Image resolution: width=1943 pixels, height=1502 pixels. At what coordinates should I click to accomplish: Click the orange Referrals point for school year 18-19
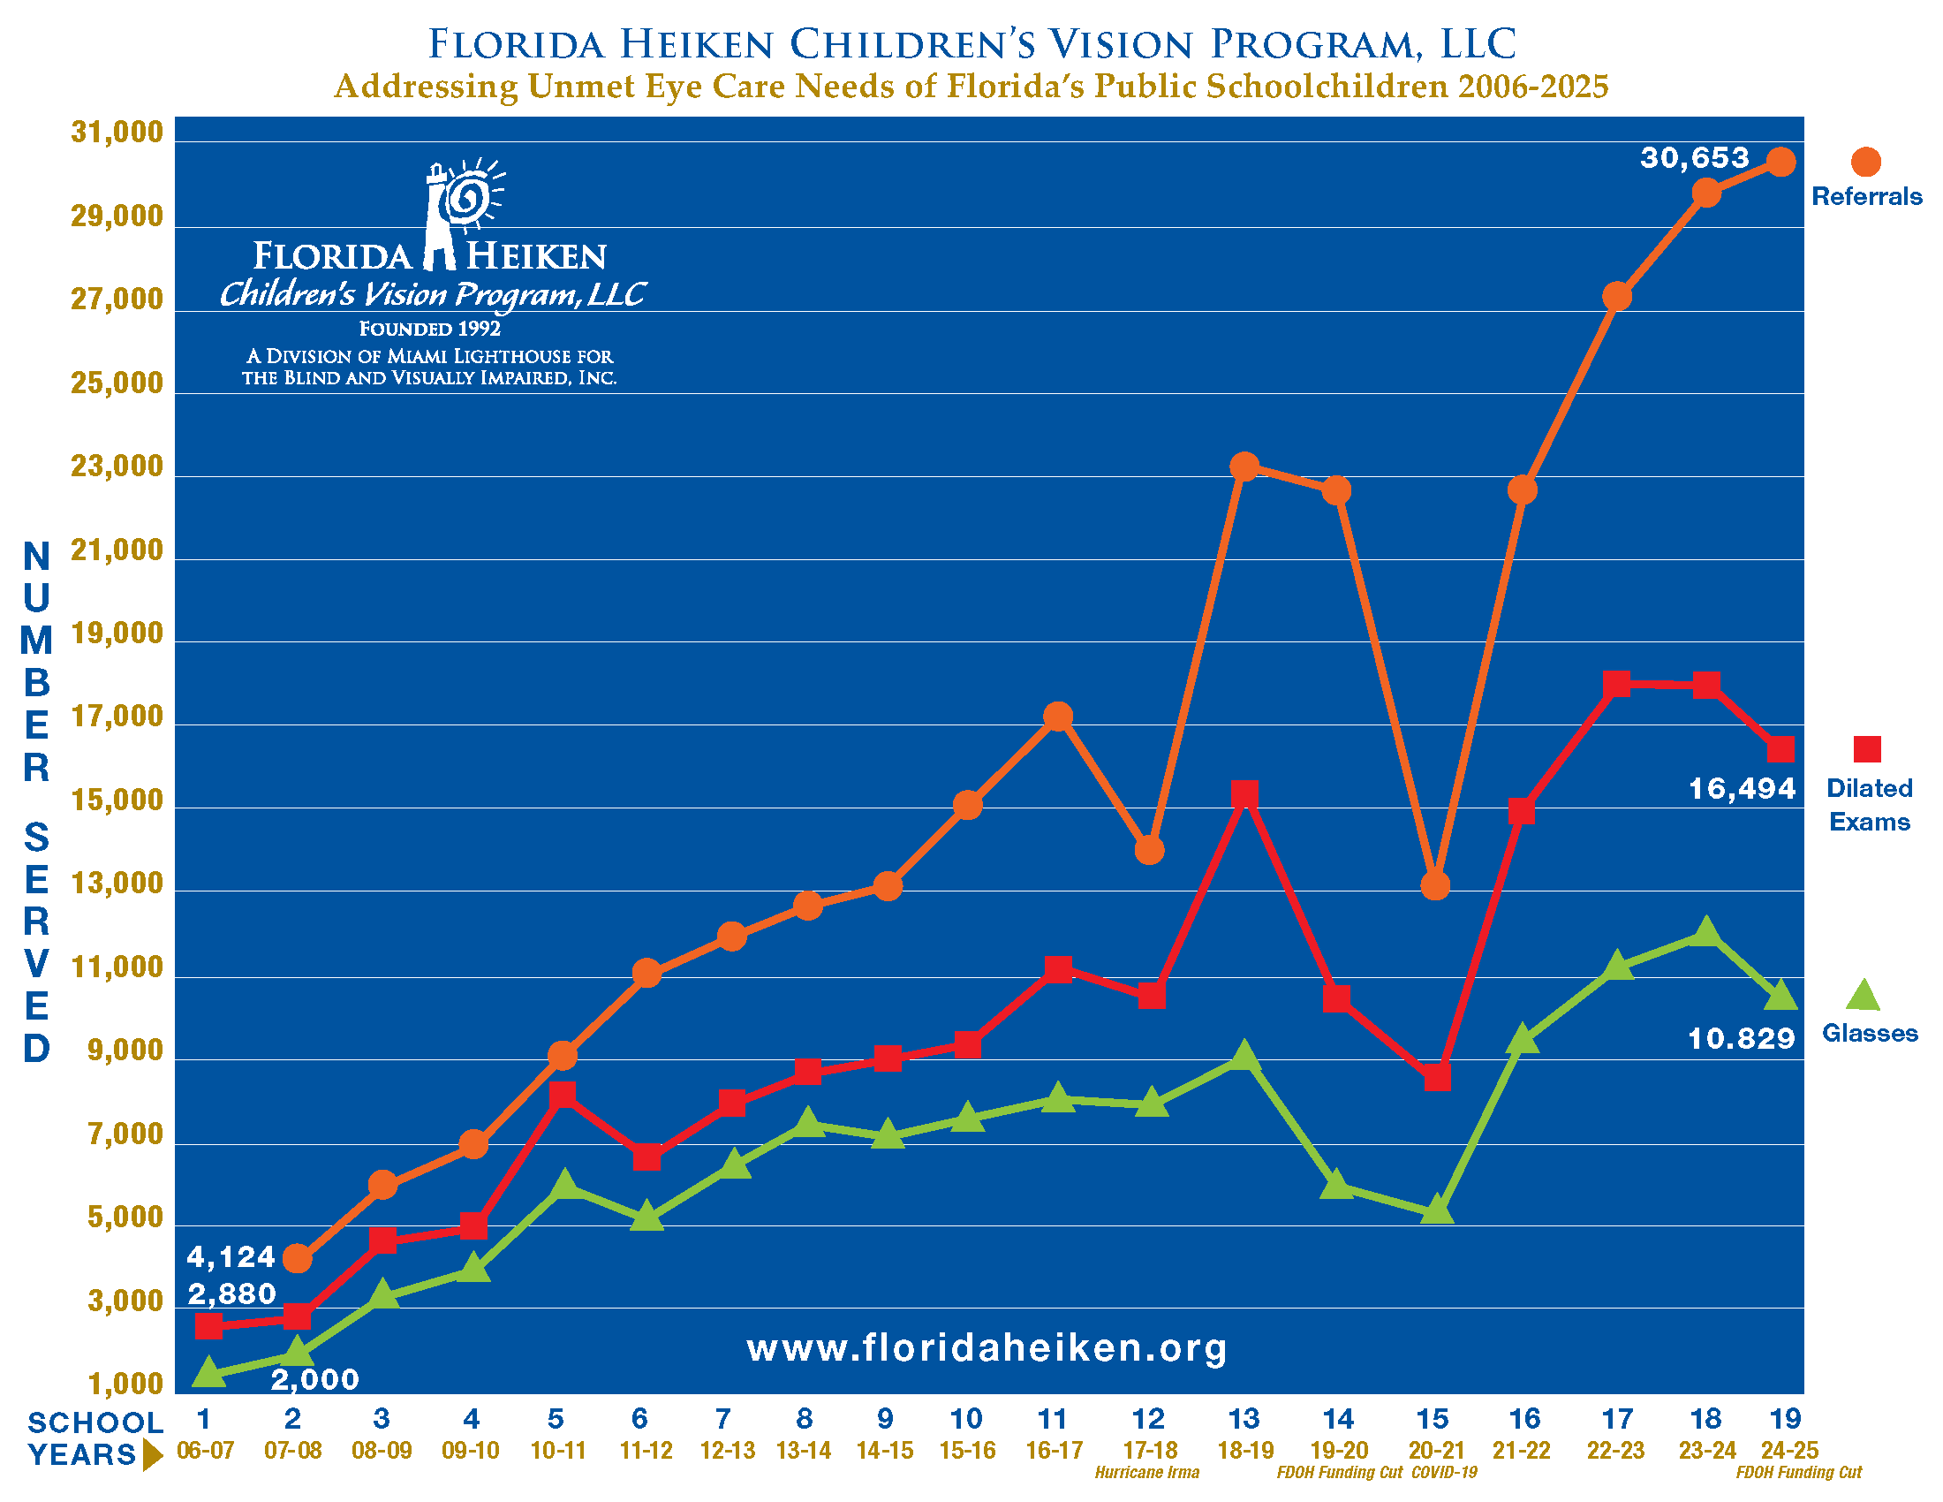tap(1244, 467)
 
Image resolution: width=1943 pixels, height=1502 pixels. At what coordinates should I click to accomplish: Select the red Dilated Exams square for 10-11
tap(562, 1094)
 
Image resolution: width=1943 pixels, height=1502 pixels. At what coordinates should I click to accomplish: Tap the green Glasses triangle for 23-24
tap(1705, 931)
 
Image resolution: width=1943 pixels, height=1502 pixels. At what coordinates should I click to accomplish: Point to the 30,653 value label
tap(1695, 158)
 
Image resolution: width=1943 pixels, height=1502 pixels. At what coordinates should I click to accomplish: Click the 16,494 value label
tap(1741, 788)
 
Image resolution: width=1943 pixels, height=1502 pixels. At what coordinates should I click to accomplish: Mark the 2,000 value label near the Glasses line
tap(314, 1379)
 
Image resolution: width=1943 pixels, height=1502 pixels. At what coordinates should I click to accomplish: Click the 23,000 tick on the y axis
tap(117, 467)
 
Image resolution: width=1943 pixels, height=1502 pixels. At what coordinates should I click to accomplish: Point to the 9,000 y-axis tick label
tap(125, 1051)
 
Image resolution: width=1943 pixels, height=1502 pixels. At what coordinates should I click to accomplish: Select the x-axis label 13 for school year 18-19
tap(1243, 1418)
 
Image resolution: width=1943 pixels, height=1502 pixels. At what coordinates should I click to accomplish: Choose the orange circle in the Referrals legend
tap(1865, 162)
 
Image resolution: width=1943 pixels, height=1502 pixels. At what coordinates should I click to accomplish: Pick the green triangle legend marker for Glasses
tap(1862, 996)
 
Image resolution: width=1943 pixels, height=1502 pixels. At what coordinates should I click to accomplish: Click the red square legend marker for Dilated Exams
tap(1866, 749)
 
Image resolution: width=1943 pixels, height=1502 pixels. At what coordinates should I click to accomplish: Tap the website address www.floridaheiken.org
tap(987, 1347)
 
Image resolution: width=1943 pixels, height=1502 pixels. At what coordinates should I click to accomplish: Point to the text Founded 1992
tap(430, 329)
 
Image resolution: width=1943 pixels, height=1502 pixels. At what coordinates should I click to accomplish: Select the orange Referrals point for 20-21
tap(1435, 885)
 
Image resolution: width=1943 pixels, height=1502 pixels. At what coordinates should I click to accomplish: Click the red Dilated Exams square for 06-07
tap(208, 1326)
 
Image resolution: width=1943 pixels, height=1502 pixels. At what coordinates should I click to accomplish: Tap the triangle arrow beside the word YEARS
tap(153, 1455)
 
